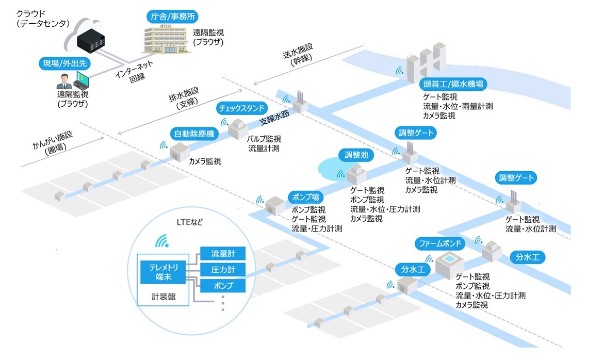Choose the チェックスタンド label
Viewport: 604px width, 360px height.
[242, 108]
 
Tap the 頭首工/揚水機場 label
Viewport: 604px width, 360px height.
[453, 84]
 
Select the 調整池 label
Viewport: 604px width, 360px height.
[356, 154]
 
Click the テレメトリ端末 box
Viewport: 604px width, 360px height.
[163, 271]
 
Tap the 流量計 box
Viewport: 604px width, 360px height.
[223, 253]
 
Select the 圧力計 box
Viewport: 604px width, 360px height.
[223, 269]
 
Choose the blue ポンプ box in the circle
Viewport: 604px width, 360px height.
[223, 286]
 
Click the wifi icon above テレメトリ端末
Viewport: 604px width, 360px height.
[162, 241]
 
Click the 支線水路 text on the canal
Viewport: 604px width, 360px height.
[274, 118]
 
